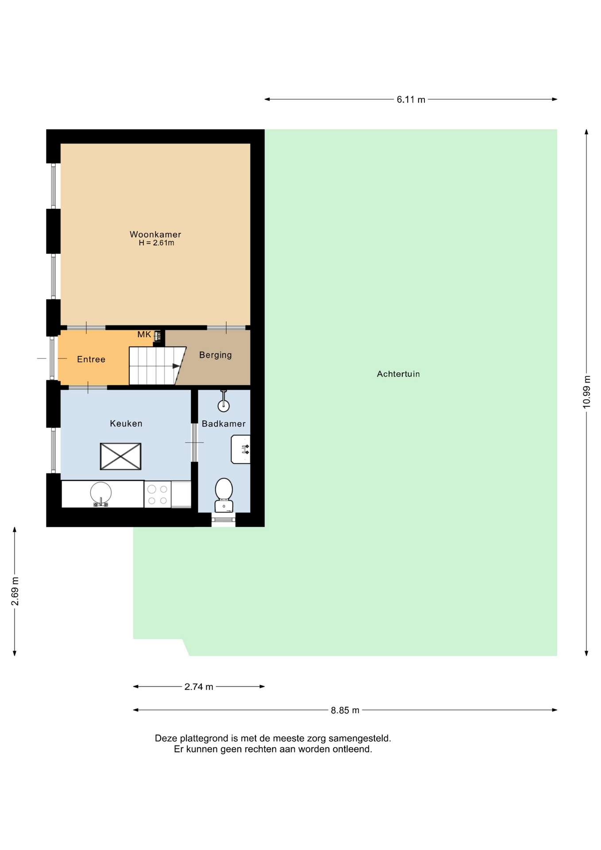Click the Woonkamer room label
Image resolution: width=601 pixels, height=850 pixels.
tap(155, 234)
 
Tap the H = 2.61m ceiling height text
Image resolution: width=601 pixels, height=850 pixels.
tap(156, 243)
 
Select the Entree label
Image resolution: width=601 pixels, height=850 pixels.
tap(91, 359)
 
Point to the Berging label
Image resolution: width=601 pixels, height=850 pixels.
tap(216, 355)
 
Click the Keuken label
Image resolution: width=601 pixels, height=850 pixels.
tap(126, 424)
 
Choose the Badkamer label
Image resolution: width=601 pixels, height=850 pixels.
tap(223, 424)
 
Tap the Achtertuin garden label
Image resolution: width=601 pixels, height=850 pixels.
tap(398, 374)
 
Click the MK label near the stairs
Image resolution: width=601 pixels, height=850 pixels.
tap(144, 335)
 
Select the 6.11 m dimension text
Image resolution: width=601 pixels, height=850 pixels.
tap(411, 100)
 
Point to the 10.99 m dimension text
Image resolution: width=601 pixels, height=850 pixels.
tap(587, 392)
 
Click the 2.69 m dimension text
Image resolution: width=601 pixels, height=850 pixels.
tap(15, 591)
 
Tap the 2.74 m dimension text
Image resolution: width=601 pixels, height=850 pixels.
tap(199, 687)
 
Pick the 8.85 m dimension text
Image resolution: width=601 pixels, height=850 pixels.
tap(345, 711)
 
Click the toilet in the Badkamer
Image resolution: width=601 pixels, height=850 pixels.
tap(224, 495)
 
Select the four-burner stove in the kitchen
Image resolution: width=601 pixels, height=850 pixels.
tap(158, 495)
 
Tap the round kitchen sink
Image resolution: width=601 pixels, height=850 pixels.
tap(101, 493)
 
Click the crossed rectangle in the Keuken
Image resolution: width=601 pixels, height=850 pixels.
tap(121, 456)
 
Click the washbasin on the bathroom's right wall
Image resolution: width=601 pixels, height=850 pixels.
tap(241, 449)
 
